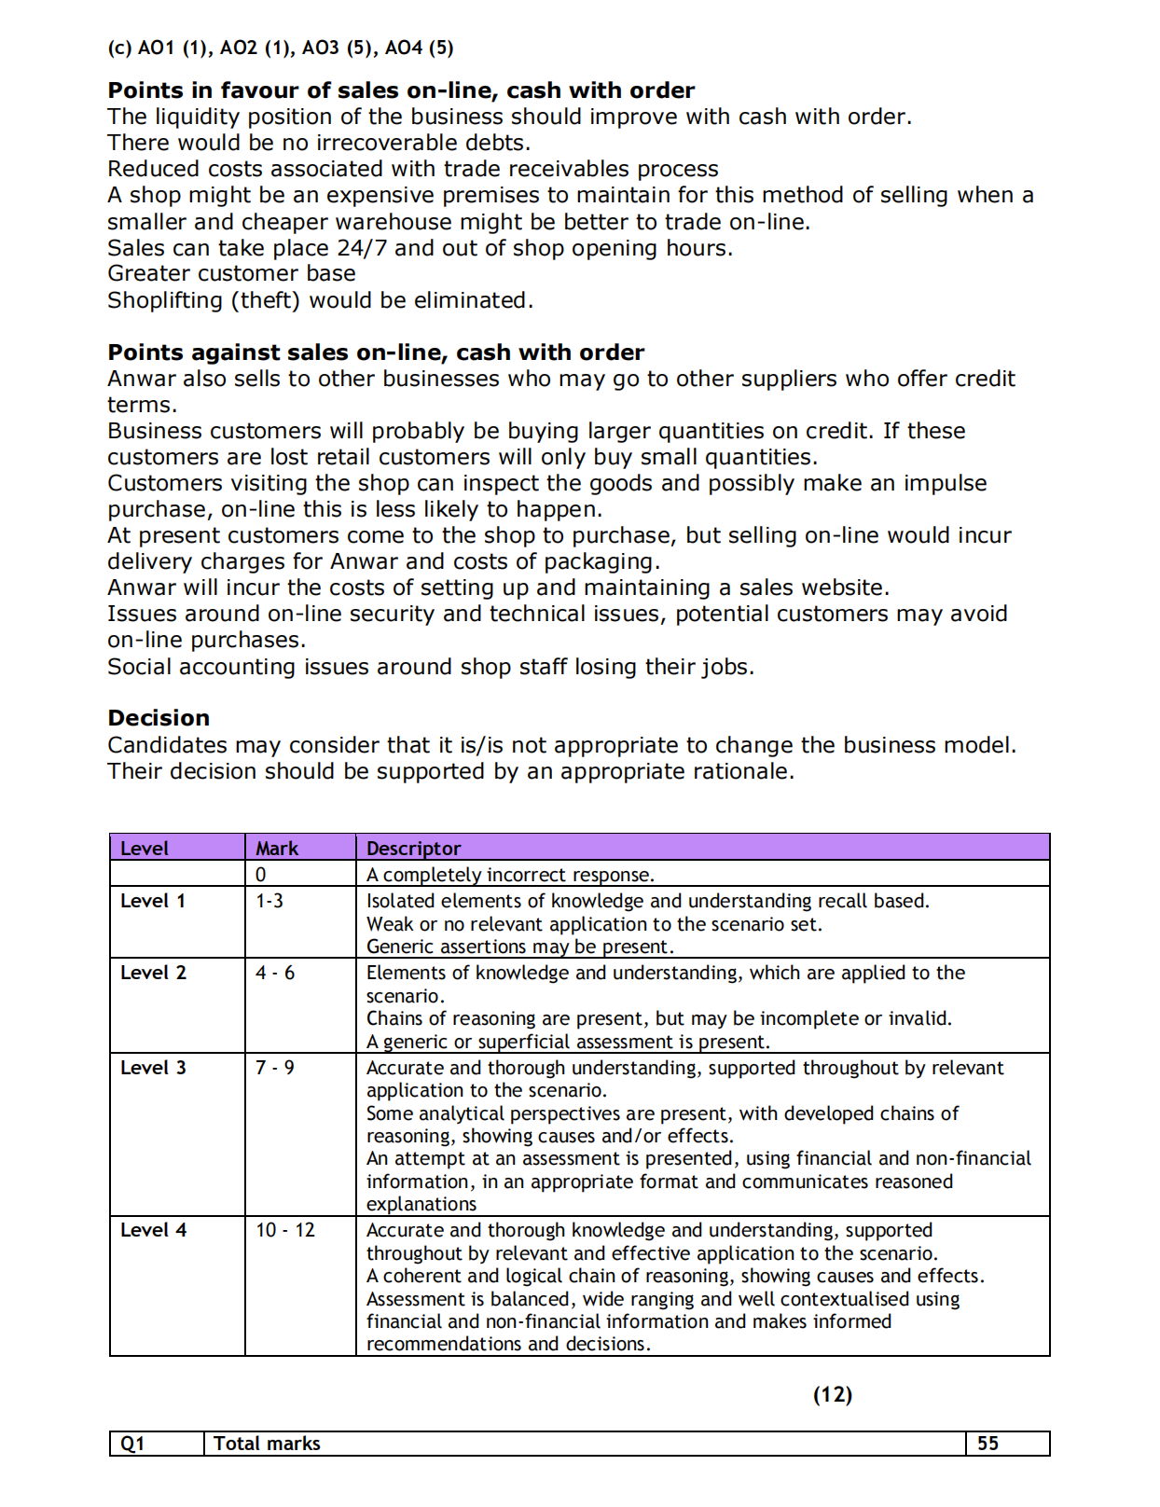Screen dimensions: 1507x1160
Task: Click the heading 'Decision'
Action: click(159, 718)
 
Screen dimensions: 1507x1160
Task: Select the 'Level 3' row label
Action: click(153, 1068)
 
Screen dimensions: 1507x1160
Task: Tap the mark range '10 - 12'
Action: click(285, 1230)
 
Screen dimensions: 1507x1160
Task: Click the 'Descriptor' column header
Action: click(413, 849)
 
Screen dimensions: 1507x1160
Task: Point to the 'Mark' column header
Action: click(277, 849)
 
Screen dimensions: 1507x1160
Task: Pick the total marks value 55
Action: click(987, 1444)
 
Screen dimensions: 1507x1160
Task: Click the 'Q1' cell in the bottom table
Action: click(133, 1444)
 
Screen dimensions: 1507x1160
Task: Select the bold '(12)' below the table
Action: click(833, 1394)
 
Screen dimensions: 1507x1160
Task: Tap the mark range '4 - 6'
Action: click(275, 973)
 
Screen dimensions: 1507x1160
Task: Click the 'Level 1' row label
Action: click(153, 901)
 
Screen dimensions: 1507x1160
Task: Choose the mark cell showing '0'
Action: click(261, 875)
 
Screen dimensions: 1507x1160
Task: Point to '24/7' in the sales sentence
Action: click(363, 248)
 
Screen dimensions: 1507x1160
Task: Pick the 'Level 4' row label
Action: click(153, 1230)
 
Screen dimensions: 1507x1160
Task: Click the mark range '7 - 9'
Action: click(275, 1068)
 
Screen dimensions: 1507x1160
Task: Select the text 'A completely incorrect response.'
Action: click(510, 875)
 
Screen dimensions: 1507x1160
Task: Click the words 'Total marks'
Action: click(267, 1444)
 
